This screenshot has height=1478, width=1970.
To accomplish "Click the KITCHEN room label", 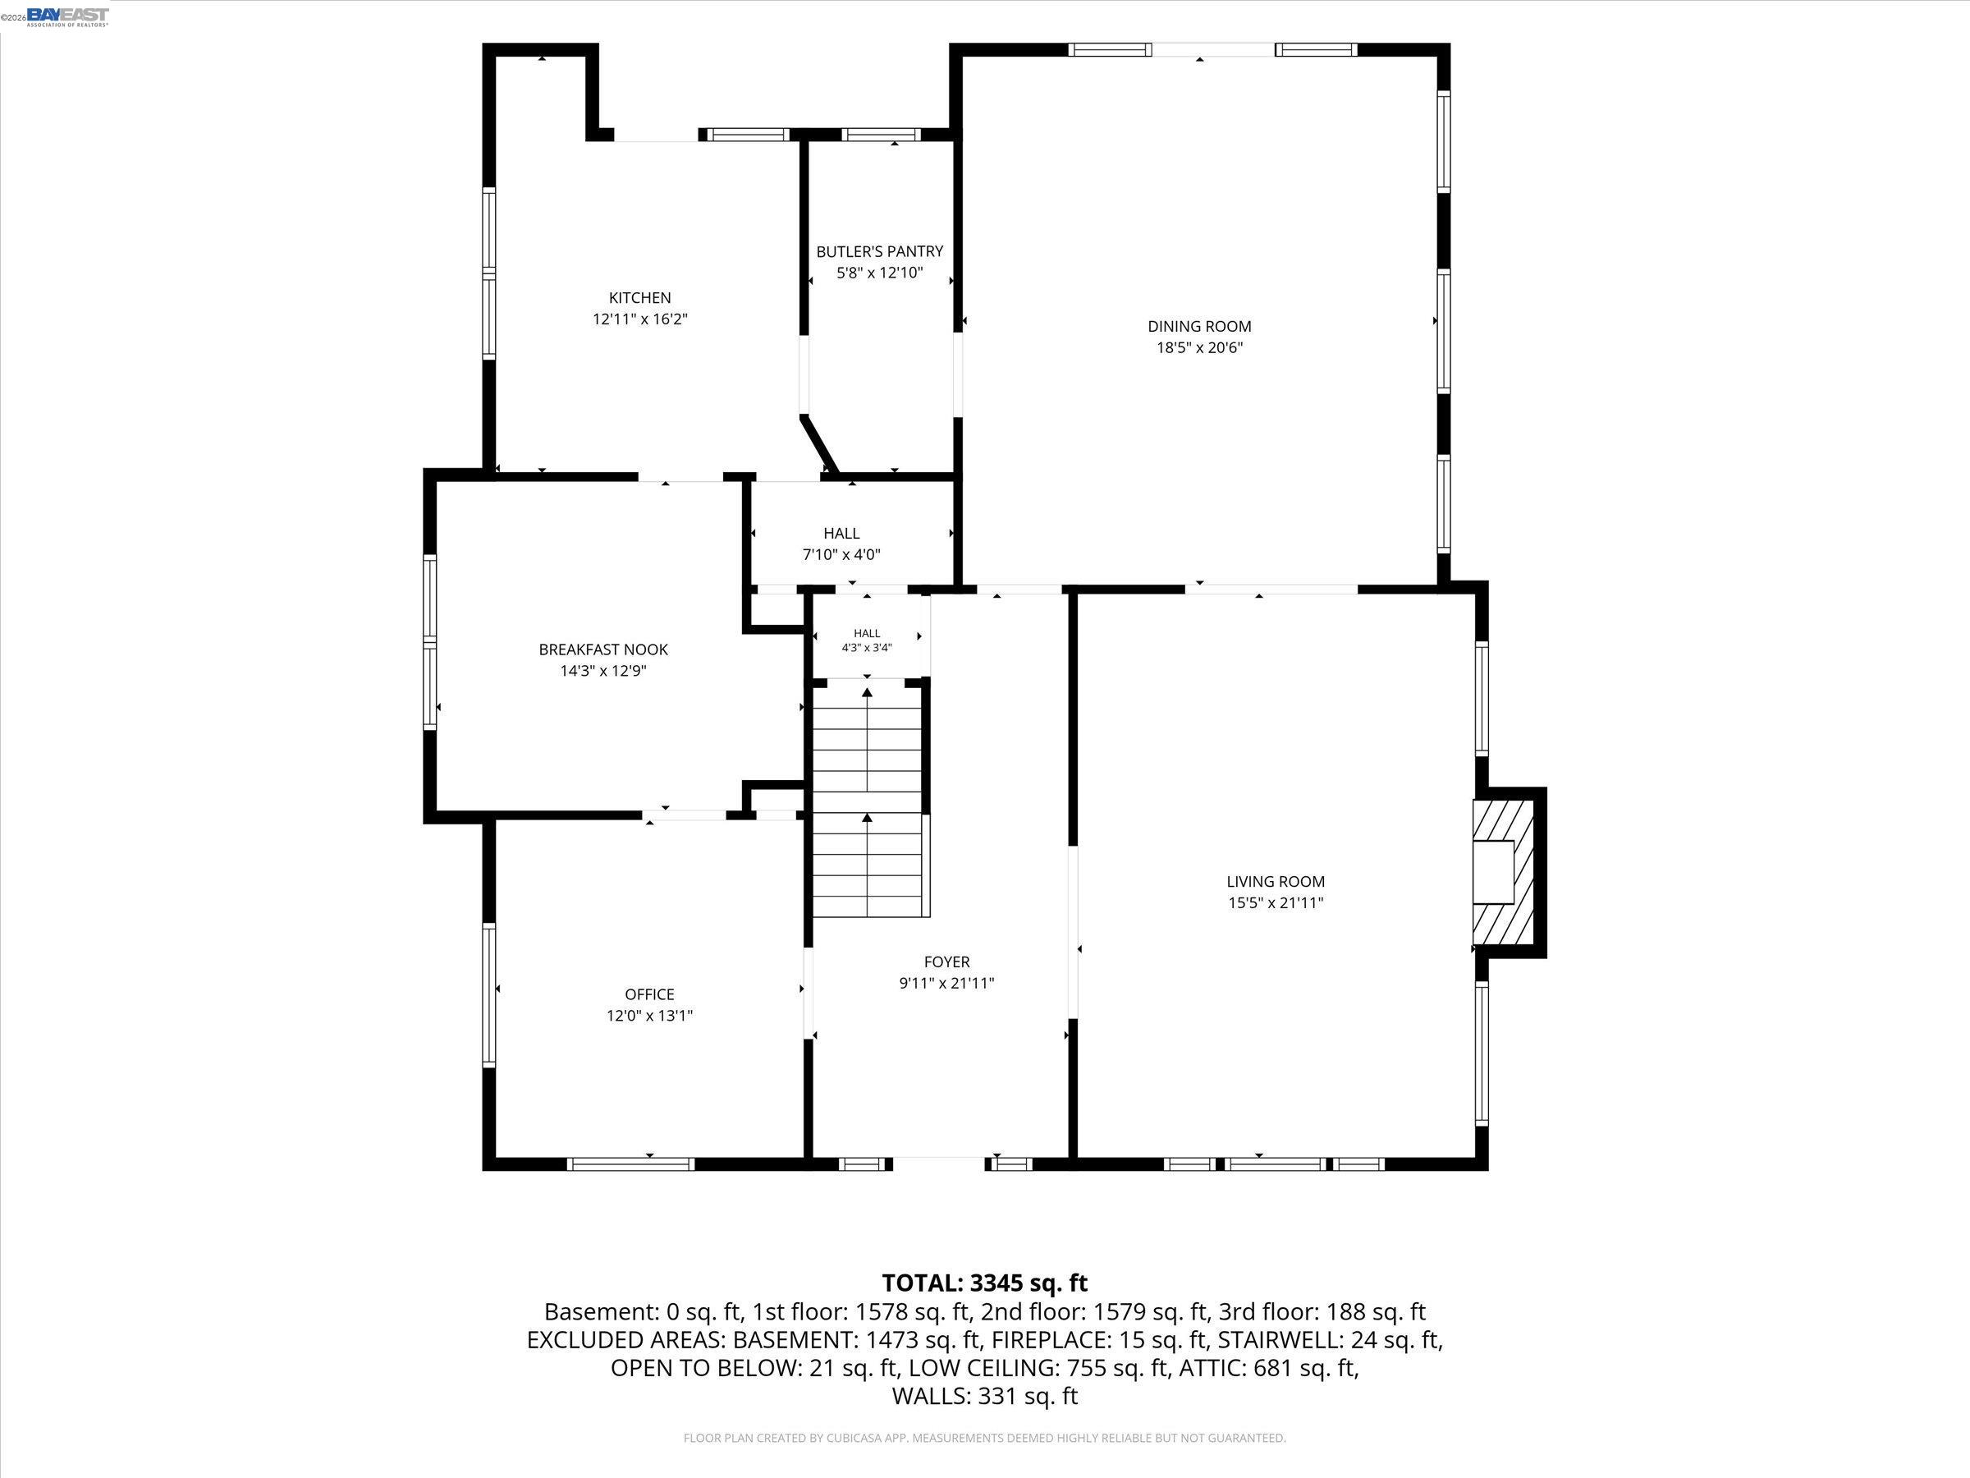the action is (639, 297).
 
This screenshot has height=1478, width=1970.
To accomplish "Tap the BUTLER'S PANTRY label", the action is (879, 251).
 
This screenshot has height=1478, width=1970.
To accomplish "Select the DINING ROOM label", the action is (1198, 326).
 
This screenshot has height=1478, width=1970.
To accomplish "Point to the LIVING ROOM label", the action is (1276, 881).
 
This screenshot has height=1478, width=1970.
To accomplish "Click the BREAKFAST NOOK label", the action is (603, 649).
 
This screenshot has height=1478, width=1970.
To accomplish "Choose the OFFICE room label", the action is (649, 994).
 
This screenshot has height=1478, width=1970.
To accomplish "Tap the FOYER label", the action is (946, 962).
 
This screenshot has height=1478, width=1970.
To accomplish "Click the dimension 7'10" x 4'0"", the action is (841, 554).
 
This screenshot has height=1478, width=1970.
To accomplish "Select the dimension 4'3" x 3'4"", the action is (867, 648).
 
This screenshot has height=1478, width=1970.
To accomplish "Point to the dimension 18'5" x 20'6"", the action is (1198, 347).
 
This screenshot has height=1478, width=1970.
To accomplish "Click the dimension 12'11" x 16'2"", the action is (639, 319).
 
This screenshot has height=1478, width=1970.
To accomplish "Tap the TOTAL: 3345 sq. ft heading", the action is (984, 1283).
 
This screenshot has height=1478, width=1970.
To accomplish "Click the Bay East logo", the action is (67, 16).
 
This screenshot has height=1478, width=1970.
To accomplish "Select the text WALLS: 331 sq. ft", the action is (984, 1396).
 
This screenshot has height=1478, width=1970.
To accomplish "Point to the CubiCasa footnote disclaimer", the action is (984, 1438).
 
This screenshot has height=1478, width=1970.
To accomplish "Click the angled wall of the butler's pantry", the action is (819, 443).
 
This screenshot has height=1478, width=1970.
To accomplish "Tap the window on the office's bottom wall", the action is (630, 1164).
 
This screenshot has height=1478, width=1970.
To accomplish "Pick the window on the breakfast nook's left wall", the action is (430, 641).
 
